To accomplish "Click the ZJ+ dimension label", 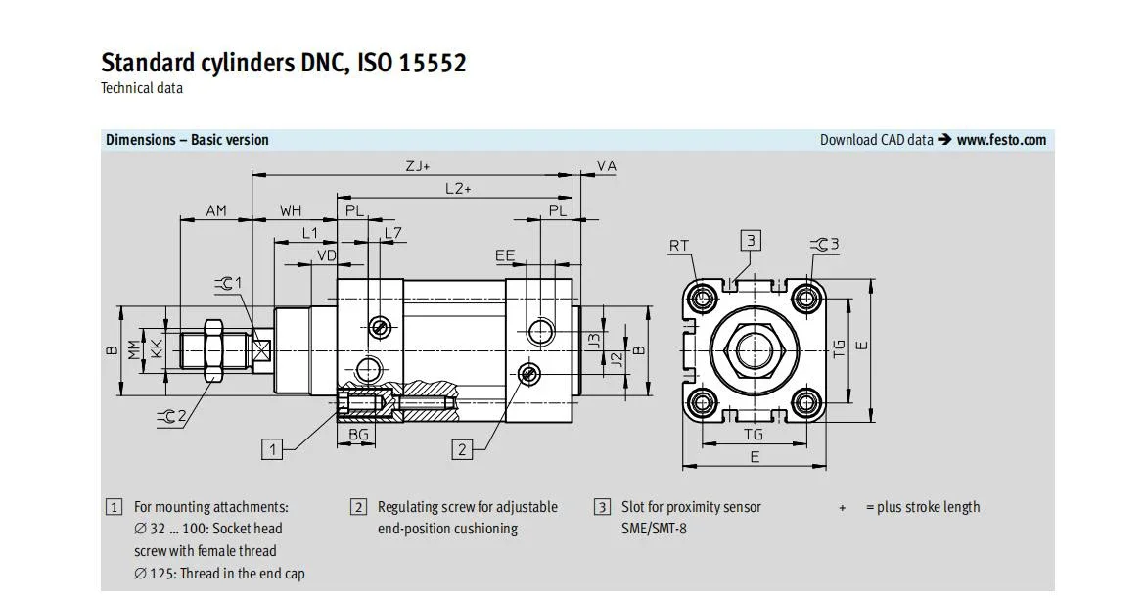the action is click(x=418, y=166).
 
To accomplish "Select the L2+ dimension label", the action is click(x=458, y=189).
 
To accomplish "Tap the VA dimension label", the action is click(x=606, y=166).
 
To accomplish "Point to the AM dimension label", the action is click(x=216, y=211).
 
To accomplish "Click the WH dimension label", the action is click(x=291, y=211).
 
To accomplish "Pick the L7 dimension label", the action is click(x=392, y=234).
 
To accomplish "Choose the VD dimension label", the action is click(x=327, y=255).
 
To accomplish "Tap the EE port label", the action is click(x=505, y=255).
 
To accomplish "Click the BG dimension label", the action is click(x=358, y=436).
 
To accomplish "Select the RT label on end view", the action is click(x=679, y=246).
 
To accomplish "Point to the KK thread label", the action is click(x=157, y=349).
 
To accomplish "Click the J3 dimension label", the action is click(x=594, y=341).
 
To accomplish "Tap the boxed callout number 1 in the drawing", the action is click(x=272, y=449).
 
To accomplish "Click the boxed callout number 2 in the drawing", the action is click(x=462, y=449).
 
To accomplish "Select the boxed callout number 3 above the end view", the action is click(x=751, y=240).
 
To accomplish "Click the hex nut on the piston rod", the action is click(x=214, y=350).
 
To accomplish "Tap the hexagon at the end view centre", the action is click(x=756, y=349).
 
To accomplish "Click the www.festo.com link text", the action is click(x=1001, y=139).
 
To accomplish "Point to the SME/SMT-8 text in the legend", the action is click(x=654, y=529).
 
